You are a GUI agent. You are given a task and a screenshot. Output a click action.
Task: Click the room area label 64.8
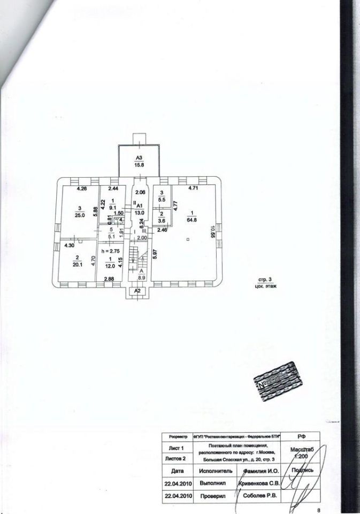point(191,219)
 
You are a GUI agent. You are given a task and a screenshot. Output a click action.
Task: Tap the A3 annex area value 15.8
point(139,164)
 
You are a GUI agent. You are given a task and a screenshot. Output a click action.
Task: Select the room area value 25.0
point(80,215)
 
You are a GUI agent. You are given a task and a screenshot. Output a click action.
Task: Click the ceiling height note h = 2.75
point(111,250)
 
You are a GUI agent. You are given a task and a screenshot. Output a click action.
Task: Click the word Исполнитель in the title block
point(216,471)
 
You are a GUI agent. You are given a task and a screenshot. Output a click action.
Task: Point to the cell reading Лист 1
point(176,448)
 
